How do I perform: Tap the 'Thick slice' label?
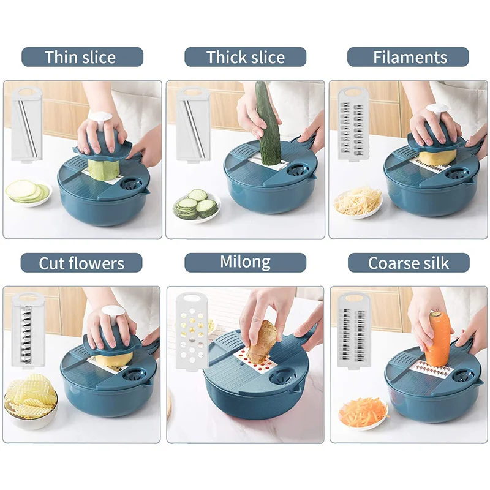(x=246, y=57)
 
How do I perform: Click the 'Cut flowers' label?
(x=81, y=263)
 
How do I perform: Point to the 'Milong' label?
(x=246, y=263)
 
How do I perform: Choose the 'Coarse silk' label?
(x=409, y=263)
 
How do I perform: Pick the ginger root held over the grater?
(x=262, y=342)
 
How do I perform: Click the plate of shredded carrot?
(x=363, y=413)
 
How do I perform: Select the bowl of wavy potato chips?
(x=31, y=402)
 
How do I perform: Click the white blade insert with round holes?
(x=192, y=331)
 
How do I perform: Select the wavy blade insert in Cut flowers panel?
(x=28, y=330)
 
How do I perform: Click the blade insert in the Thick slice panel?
(x=193, y=124)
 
